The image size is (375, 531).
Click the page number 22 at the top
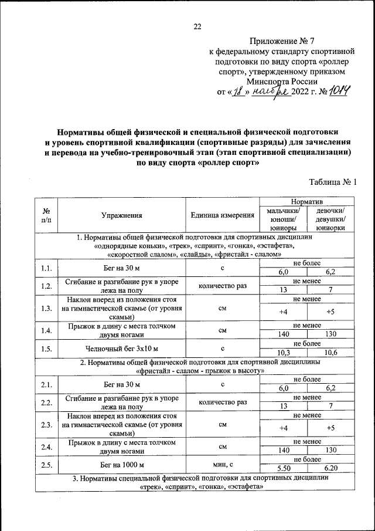[x=197, y=26]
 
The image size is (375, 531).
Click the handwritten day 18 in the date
[x=237, y=92]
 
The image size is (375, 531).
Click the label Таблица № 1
[x=332, y=183]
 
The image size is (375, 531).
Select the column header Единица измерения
[x=222, y=216]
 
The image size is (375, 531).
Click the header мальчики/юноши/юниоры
[x=283, y=219]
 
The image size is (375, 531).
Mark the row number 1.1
[x=46, y=269]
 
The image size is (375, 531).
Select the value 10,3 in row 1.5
[x=283, y=353]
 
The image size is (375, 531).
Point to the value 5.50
[x=283, y=469]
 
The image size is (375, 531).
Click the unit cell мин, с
[x=222, y=465]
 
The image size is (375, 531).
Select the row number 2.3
[x=46, y=424]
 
